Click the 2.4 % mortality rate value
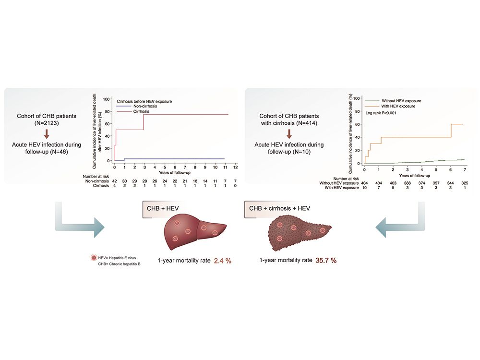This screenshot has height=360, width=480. tap(222, 261)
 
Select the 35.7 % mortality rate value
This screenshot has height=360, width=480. tap(326, 261)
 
